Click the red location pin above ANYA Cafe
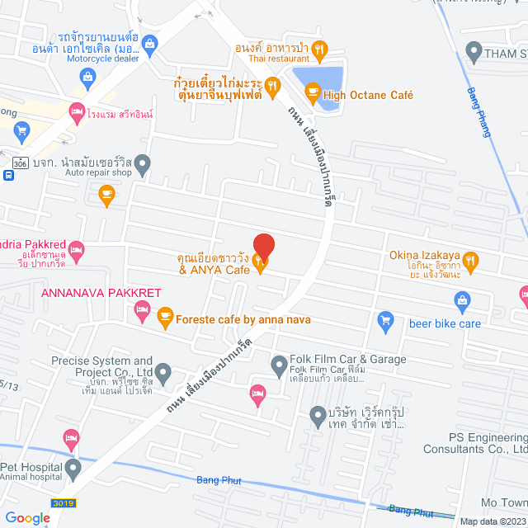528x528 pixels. tap(263, 246)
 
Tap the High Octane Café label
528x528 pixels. tap(368, 95)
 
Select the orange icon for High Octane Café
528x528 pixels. tap(312, 95)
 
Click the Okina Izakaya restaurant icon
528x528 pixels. tap(470, 262)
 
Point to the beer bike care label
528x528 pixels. tap(445, 323)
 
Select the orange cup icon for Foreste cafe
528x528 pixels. tap(165, 315)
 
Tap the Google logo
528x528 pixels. tap(27, 517)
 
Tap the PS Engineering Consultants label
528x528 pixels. tap(475, 443)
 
